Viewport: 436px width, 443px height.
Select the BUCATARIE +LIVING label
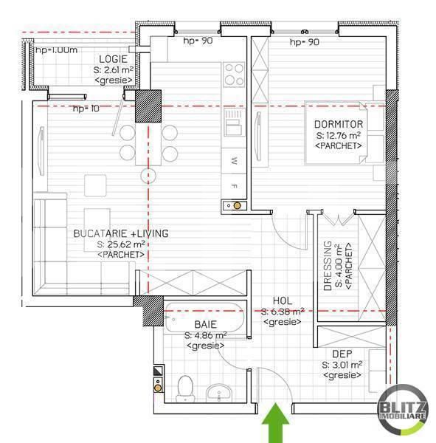(121, 233)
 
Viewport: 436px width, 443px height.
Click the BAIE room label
(205, 324)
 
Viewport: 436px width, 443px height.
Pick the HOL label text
(283, 301)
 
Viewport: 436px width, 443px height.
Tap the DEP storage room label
(342, 354)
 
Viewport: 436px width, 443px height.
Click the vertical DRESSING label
(327, 266)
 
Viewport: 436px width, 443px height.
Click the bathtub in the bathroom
(204, 318)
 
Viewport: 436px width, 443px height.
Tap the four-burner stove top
(234, 75)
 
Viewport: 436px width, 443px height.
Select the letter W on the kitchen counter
(234, 160)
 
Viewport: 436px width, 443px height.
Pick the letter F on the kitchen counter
(234, 185)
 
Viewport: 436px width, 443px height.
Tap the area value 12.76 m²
(339, 136)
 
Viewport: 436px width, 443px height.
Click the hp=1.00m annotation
(57, 49)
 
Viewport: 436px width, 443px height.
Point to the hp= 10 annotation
(86, 109)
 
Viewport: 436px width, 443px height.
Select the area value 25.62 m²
(121, 244)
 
